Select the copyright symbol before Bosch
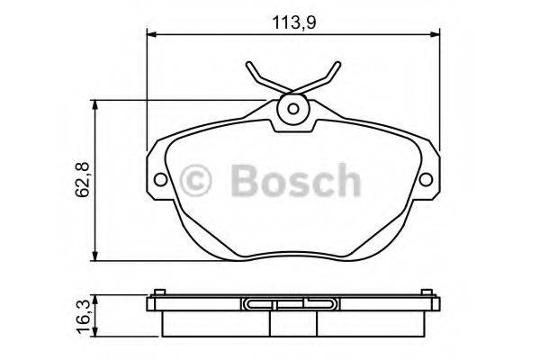pos(198,180)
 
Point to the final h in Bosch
pos(346,180)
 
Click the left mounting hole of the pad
pos(161,178)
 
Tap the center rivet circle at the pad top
pos(292,110)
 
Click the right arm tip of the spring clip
pos(338,66)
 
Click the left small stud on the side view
pos(158,291)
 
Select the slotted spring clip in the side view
pos(292,303)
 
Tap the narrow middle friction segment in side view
pos(292,321)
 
